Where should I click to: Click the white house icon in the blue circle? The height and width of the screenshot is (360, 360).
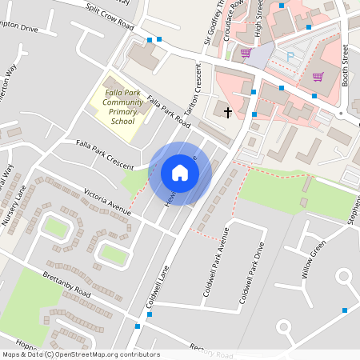point(180,173)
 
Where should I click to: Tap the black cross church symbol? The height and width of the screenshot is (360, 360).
point(228,112)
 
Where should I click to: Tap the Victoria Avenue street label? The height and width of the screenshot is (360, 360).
point(106,202)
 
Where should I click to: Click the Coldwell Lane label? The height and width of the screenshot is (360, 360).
point(159,287)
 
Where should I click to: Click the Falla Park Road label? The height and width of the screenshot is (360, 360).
point(169,114)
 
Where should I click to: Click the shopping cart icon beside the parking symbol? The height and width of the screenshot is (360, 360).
point(246,54)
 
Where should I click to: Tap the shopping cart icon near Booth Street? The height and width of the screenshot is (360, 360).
point(318,77)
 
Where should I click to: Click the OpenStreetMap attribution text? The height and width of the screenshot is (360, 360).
point(81,354)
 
